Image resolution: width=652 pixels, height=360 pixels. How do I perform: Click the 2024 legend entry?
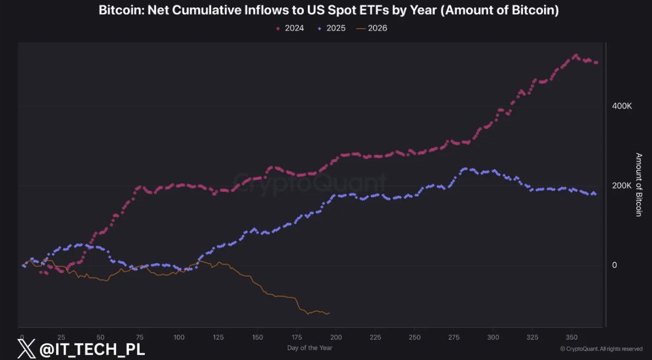coord(290,28)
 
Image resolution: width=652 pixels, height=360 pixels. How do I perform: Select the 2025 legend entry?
coord(332,28)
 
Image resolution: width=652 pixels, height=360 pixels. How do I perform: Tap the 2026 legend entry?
coord(372,28)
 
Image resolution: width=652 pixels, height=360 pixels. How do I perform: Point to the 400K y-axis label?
coord(621,106)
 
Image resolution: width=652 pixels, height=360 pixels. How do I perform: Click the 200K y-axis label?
coord(621,186)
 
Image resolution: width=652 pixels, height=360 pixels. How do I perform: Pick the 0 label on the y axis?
coord(614,265)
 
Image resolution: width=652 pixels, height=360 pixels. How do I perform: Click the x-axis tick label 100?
coord(179,337)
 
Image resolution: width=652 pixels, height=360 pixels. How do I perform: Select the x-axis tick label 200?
coord(336,337)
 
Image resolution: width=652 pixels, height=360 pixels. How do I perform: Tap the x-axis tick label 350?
coord(572,337)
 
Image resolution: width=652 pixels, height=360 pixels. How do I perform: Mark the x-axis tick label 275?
coord(454,337)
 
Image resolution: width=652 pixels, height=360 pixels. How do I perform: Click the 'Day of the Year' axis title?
coord(310,348)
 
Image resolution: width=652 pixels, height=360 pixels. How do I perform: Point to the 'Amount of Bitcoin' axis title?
coord(638,185)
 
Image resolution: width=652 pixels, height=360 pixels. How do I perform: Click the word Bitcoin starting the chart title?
coord(121,10)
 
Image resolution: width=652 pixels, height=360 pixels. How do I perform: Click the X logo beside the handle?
coord(26,349)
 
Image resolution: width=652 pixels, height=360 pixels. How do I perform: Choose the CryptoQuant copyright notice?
coord(601,349)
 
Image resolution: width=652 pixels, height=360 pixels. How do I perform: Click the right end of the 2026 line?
coord(330,313)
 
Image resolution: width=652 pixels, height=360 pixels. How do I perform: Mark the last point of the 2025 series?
coord(595,194)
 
